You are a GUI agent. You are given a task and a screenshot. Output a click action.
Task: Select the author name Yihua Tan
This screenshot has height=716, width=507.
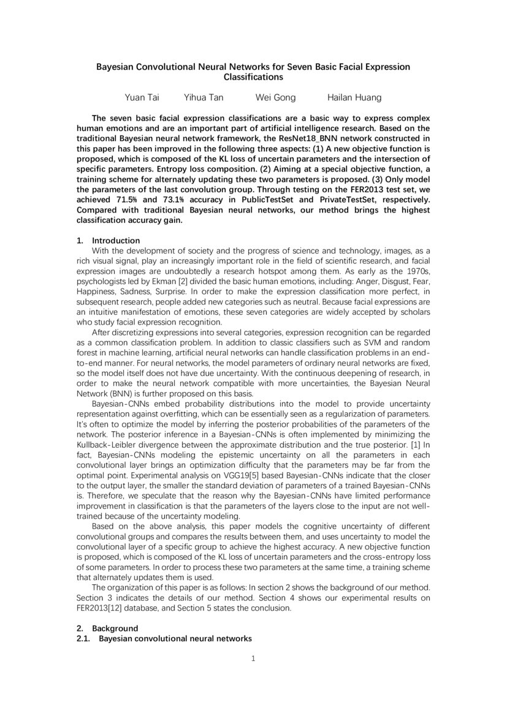point(198,97)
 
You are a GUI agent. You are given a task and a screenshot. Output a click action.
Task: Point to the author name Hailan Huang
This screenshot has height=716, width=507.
point(354,97)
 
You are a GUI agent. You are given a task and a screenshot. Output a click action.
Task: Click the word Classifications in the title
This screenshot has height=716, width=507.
point(253,78)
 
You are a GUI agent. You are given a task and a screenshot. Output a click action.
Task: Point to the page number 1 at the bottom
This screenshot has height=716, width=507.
point(253,659)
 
